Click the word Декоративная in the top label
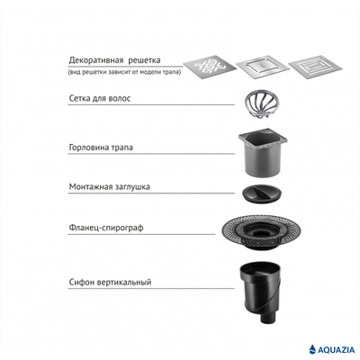pos(96,60)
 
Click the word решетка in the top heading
pos(145,60)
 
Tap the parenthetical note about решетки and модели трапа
pos(124,72)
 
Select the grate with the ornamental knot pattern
pos(210,67)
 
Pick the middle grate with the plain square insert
pos(263,67)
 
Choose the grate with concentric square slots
pos(315,67)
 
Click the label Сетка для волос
pos(100,98)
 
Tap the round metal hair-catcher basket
pos(260,103)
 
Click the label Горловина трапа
pos(101,148)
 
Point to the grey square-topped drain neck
pos(263,153)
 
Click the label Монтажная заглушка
pos(110,187)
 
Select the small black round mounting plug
pos(262,193)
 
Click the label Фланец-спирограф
pos(106,228)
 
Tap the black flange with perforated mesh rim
pos(261,232)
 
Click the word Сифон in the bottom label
pos(82,283)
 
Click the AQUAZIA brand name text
pos(337,350)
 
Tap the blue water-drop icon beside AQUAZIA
pos(313,349)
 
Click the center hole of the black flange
pos(260,231)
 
